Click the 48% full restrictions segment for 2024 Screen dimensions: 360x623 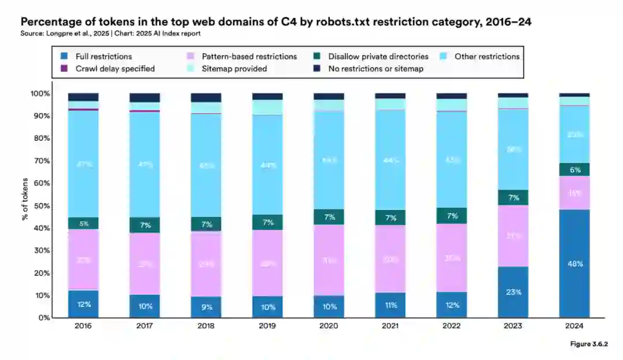point(574,264)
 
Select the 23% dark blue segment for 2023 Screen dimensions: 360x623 point(513,292)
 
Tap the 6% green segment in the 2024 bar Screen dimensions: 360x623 point(574,170)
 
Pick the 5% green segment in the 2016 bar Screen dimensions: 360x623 point(83,223)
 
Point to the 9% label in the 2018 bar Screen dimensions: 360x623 point(206,307)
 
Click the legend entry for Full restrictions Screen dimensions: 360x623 point(98,57)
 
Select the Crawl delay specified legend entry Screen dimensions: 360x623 point(109,69)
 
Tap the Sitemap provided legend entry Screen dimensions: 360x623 point(228,69)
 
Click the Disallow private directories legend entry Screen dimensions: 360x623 point(373,57)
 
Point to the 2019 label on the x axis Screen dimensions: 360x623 point(267,326)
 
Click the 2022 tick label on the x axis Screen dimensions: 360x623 point(451,326)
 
